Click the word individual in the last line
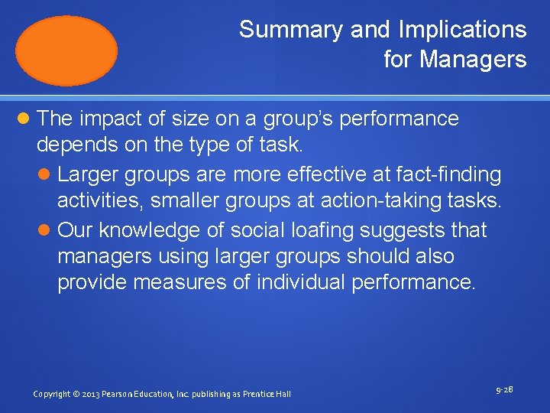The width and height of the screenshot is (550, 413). (301, 283)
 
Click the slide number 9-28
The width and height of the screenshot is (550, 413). (503, 389)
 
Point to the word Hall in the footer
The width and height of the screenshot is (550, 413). (283, 394)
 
